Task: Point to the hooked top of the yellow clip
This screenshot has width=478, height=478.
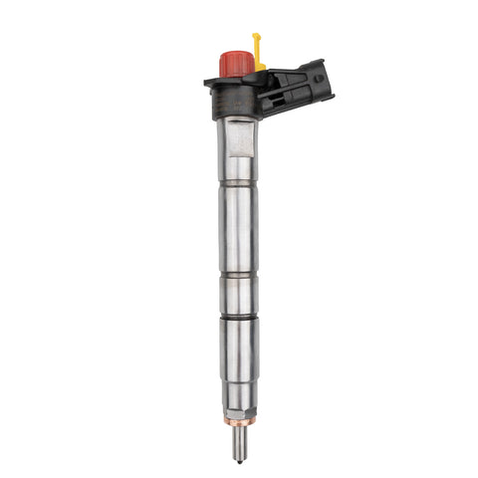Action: [x=256, y=39]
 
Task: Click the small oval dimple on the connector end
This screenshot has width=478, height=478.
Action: [x=319, y=79]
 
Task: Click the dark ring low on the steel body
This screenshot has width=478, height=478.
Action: [x=239, y=318]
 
